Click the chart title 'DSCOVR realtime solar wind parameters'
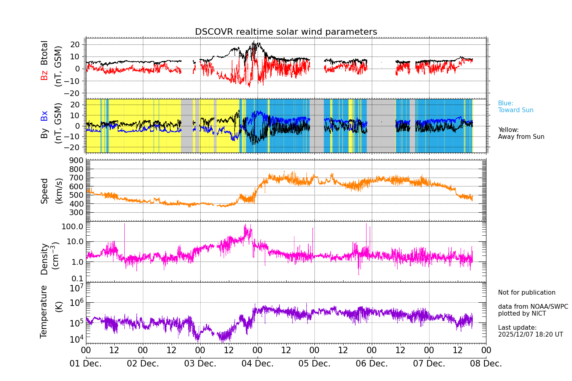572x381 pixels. (x=286, y=32)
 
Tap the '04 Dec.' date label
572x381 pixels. (x=257, y=364)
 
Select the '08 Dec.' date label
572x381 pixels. (x=486, y=364)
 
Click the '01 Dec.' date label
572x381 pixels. (x=86, y=364)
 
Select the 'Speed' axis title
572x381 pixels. (x=44, y=191)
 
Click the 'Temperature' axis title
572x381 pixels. (x=44, y=312)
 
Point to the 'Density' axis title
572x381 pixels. (x=44, y=259)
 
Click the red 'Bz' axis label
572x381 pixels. (x=44, y=75)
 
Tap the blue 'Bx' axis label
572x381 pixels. (x=44, y=116)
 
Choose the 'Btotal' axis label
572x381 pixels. (x=44, y=53)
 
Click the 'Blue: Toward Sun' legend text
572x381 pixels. (x=515, y=107)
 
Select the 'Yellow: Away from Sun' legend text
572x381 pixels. (x=521, y=134)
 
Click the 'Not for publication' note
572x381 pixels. (x=526, y=293)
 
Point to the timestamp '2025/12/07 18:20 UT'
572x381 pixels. (x=530, y=335)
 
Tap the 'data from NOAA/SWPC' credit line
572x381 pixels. (x=533, y=307)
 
